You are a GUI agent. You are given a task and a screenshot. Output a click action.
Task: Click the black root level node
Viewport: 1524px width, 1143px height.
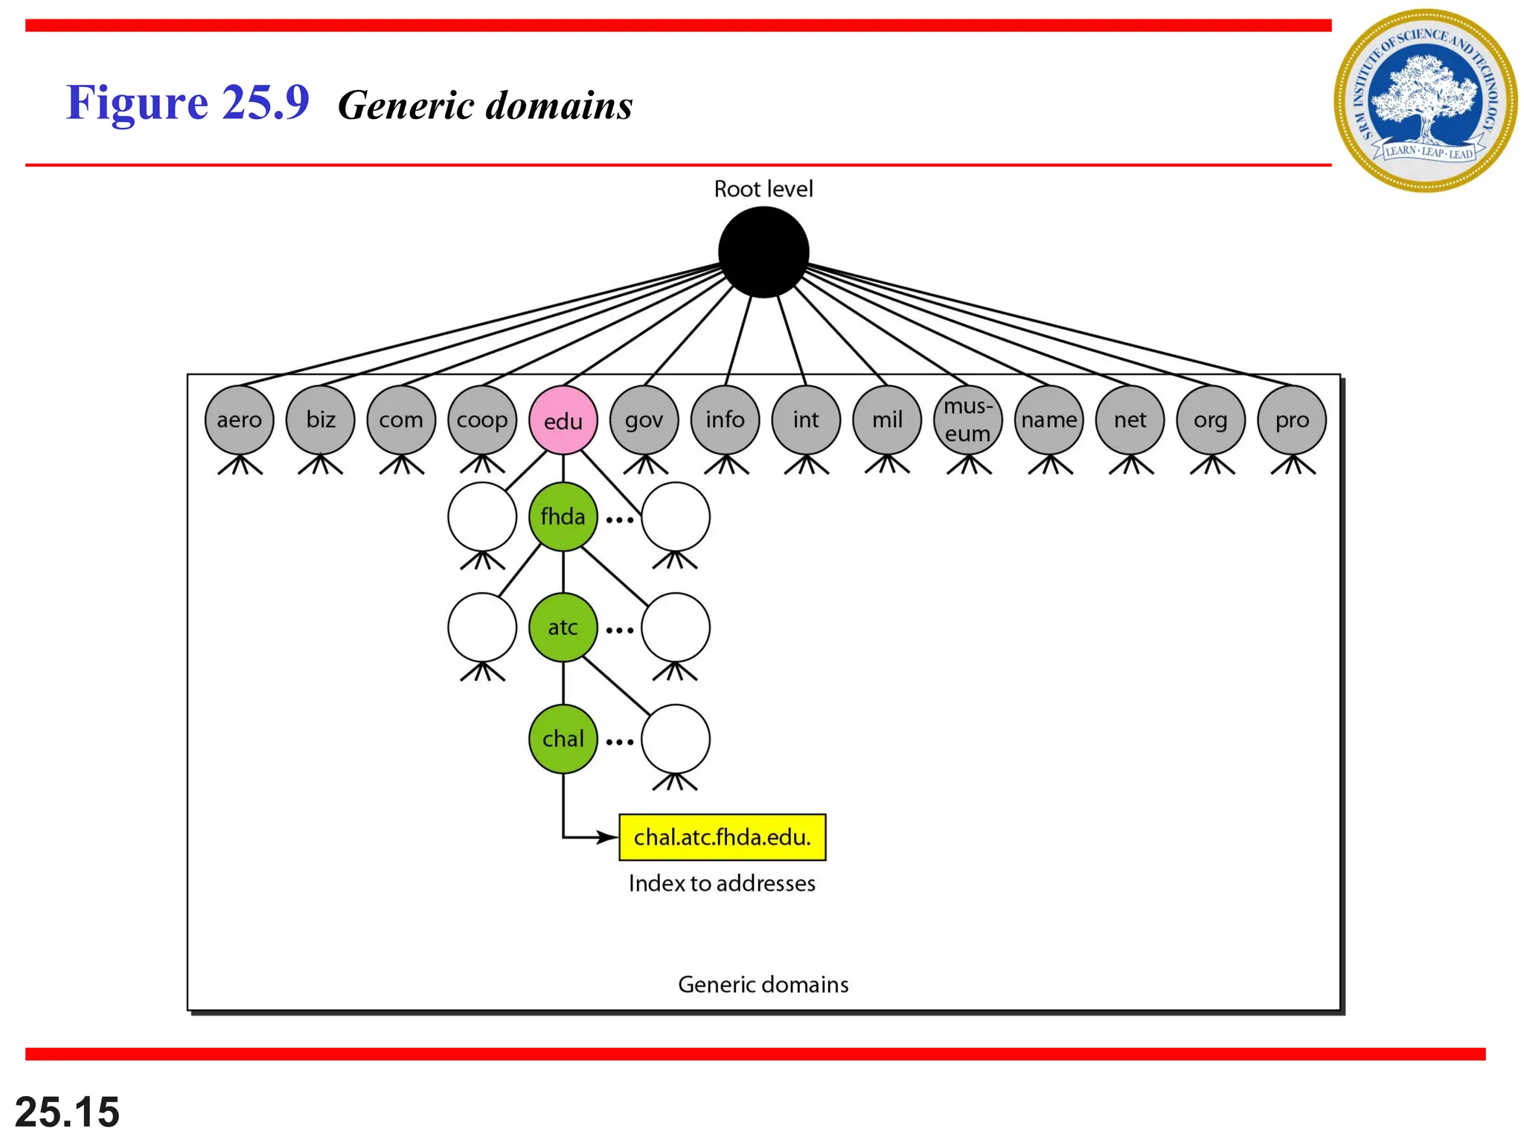(x=763, y=252)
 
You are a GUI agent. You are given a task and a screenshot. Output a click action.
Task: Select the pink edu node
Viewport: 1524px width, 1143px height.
(x=563, y=420)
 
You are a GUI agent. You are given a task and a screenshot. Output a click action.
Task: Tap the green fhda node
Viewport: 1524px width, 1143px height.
(x=563, y=516)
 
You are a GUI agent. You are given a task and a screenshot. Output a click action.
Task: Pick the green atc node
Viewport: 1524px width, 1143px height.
(x=563, y=627)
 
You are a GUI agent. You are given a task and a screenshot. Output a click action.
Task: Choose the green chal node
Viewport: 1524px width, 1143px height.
(x=563, y=739)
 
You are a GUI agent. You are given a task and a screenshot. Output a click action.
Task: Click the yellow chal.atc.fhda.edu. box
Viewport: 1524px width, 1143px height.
(x=722, y=837)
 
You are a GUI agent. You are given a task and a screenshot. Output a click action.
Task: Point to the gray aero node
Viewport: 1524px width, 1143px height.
(x=239, y=420)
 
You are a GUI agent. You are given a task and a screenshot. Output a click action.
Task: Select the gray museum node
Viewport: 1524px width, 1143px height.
(x=967, y=420)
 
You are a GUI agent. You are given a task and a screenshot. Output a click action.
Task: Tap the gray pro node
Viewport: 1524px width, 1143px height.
(x=1292, y=420)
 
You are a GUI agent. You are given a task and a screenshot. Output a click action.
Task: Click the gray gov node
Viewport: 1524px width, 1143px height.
(x=644, y=420)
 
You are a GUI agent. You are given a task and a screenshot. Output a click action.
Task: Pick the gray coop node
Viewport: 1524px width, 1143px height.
(x=482, y=420)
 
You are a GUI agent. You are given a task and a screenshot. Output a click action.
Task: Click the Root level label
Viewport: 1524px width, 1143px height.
(x=763, y=189)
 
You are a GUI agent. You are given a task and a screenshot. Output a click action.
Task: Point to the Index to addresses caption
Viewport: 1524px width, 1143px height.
(x=722, y=883)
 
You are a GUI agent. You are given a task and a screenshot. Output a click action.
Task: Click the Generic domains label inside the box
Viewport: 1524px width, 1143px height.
(x=763, y=984)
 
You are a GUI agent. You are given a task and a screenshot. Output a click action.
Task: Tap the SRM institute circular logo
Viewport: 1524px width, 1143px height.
(x=1424, y=100)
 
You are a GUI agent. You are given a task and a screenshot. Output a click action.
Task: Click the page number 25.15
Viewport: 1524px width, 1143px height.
(x=67, y=1112)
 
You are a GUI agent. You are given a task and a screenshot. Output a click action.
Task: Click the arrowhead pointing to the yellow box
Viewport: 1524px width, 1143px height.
(x=608, y=837)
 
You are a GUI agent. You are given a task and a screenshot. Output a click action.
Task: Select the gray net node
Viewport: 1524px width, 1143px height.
(x=1130, y=420)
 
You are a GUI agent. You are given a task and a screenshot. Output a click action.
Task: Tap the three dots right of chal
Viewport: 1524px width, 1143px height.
(x=619, y=742)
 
